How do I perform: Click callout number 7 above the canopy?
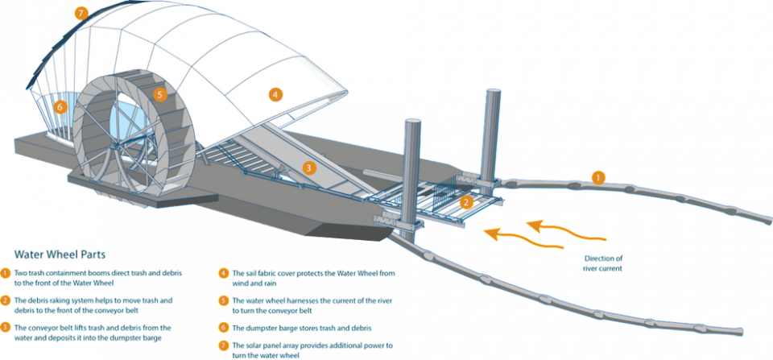point(81,12)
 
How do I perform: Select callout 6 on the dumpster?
point(59,106)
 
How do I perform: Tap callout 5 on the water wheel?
point(159,94)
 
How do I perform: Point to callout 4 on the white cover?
point(275,94)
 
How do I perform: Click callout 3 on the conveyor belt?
point(308,168)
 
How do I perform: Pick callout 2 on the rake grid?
point(466,202)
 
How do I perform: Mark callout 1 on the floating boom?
point(597,176)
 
